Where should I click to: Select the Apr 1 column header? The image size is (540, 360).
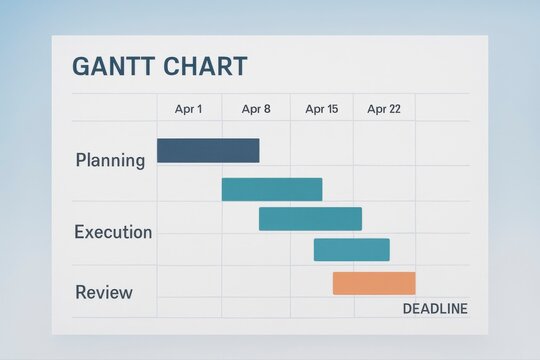coord(188,109)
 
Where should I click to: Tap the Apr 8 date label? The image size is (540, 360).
coord(256,109)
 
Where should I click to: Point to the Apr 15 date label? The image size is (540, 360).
coord(321,109)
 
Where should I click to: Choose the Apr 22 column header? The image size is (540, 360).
coord(384,109)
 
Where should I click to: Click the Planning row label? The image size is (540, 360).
coord(110,160)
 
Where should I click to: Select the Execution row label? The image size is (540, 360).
coord(113,232)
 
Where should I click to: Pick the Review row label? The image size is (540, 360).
coord(104,292)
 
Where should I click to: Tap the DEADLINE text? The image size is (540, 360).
coord(434,309)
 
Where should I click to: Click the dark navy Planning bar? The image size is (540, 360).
coord(208,151)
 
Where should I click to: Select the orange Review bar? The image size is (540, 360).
coord(374,283)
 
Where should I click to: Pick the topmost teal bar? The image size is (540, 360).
coord(272,189)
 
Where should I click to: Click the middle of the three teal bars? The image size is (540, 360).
coord(310,219)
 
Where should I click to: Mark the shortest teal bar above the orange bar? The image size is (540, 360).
coord(351,250)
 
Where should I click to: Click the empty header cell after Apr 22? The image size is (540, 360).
coord(442,108)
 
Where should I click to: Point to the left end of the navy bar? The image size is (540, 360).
coord(160,151)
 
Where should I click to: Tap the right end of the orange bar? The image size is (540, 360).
coord(412,283)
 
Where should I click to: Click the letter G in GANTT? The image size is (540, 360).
coord(81,67)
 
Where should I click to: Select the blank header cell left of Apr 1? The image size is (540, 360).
coord(114,108)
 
